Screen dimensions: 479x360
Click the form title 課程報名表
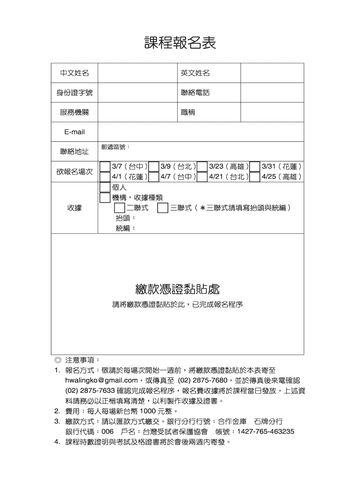pyautogui.click(x=180, y=43)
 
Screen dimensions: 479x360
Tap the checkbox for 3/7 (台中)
pyautogui.click(x=105, y=167)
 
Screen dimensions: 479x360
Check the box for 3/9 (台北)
pyautogui.click(x=154, y=167)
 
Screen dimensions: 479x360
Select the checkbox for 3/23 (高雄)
pyautogui.click(x=202, y=167)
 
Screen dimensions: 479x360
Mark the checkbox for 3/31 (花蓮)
pyautogui.click(x=255, y=167)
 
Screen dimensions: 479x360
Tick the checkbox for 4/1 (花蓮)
pyautogui.click(x=105, y=177)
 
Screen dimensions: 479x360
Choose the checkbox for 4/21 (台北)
pyautogui.click(x=202, y=177)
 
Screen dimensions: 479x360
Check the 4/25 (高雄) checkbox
pyautogui.click(x=255, y=177)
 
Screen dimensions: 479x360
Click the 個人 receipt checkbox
pyautogui.click(x=105, y=187)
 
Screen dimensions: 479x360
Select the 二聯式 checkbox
pyautogui.click(x=120, y=208)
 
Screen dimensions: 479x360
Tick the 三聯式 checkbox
pyautogui.click(x=163, y=208)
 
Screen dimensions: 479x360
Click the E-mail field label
pyautogui.click(x=74, y=132)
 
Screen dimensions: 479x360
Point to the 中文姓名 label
pyautogui.click(x=74, y=73)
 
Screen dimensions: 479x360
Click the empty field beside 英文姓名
pyautogui.click(x=272, y=73)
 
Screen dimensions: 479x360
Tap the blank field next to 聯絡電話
pyautogui.click(x=272, y=93)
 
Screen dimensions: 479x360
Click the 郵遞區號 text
pyautogui.click(x=115, y=147)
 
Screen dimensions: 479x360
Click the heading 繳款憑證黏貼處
pyautogui.click(x=177, y=289)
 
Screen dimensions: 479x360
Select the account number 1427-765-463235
pyautogui.click(x=266, y=431)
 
